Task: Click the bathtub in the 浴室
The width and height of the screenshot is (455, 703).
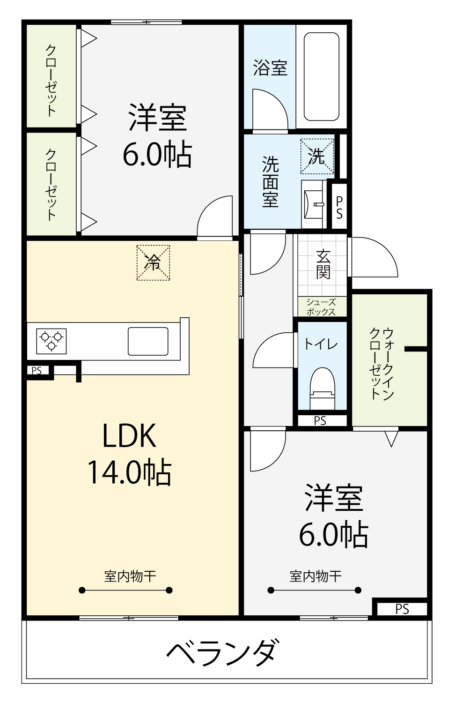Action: tap(321, 76)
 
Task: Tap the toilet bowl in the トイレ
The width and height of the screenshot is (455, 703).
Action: tap(322, 389)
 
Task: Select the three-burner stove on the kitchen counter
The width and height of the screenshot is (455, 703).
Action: tap(51, 341)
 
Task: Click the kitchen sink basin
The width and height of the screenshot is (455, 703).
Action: tap(148, 341)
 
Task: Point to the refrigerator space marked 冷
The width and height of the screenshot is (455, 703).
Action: tap(153, 262)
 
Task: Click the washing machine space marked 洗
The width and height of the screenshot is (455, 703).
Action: tap(317, 156)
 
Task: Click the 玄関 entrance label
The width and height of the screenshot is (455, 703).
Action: tap(323, 264)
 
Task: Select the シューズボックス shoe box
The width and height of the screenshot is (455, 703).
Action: tap(321, 307)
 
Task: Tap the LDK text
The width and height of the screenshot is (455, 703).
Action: tap(129, 435)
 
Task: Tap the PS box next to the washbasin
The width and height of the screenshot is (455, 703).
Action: tap(339, 207)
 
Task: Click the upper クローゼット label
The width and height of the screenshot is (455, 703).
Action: tap(51, 81)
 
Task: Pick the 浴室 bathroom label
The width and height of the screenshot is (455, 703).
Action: tap(270, 68)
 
